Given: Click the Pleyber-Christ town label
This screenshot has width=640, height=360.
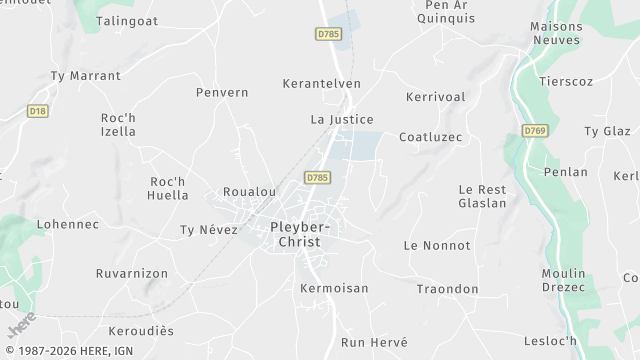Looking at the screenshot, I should [300, 234].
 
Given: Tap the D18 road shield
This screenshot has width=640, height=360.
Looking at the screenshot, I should [38, 111].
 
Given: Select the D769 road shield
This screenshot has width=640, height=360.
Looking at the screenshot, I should [534, 130].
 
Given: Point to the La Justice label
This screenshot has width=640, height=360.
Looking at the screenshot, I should [342, 119].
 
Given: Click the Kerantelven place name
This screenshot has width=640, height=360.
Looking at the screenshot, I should [321, 84].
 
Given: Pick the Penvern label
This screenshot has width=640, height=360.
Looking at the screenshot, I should [222, 93].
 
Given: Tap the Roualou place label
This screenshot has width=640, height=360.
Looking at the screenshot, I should [249, 192].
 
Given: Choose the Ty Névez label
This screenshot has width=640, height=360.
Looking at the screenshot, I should [209, 230].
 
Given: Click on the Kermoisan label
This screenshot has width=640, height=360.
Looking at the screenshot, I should [334, 288].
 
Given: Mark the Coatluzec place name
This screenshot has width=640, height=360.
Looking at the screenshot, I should [430, 137].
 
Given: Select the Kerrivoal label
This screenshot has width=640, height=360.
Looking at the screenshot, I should [436, 97].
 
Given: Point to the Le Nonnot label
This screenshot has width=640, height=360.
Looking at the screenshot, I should [437, 245].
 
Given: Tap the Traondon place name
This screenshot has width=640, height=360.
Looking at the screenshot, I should [447, 289].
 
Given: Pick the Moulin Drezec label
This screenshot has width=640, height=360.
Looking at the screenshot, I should [563, 280].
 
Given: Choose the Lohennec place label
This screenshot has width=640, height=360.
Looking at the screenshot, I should [68, 225].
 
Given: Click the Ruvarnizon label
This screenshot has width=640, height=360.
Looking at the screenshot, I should [132, 273].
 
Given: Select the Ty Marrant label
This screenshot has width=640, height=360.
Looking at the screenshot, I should [85, 76].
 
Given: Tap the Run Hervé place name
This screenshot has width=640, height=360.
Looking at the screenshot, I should [374, 342].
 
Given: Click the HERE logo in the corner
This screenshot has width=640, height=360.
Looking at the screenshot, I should [22, 325].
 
